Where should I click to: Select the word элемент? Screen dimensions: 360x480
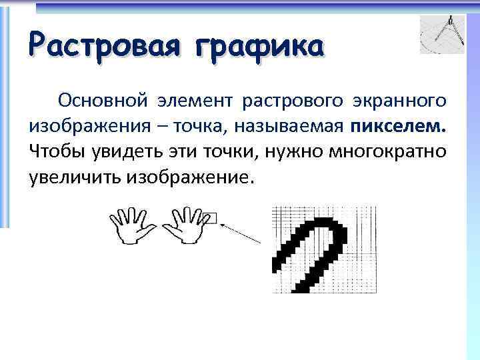pyautogui.click(x=195, y=101)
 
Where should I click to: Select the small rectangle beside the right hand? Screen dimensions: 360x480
pyautogui.click(x=210, y=218)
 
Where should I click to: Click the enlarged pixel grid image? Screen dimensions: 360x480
pyautogui.click(x=323, y=250)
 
